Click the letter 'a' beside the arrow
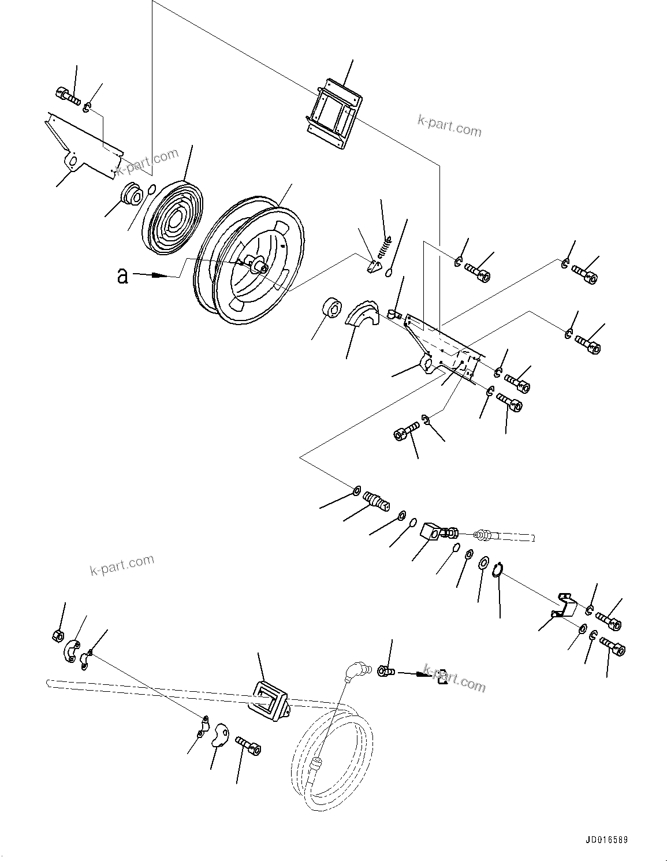tap(122, 276)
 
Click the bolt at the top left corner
tap(68, 95)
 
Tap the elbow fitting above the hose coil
tap(352, 672)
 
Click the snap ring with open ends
tap(500, 570)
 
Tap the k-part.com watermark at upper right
tap(449, 125)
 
